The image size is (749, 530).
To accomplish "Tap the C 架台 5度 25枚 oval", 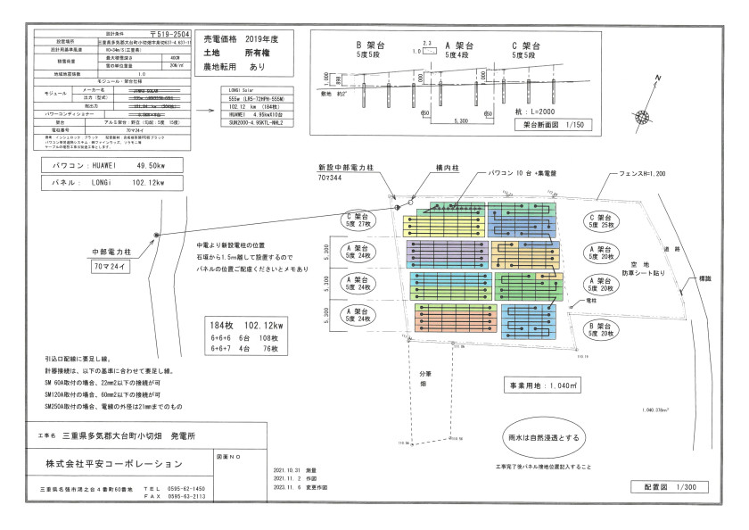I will pos(604,221).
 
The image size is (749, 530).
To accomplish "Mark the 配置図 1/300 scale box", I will pos(670,487).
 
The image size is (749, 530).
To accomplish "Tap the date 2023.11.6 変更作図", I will pos(301,487).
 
